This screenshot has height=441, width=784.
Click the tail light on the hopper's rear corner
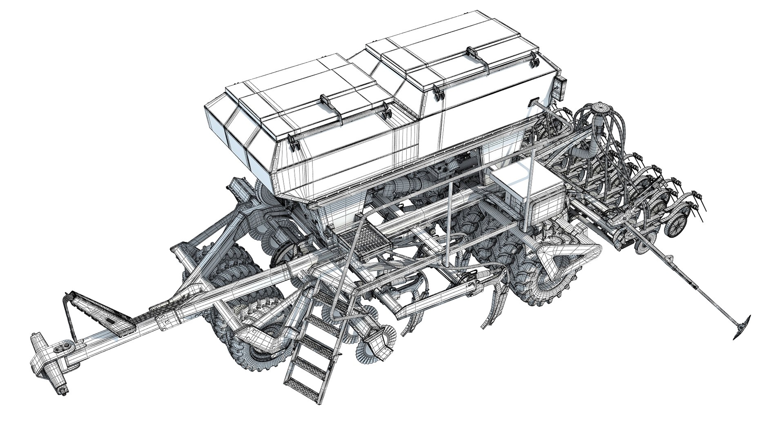(560, 87)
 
